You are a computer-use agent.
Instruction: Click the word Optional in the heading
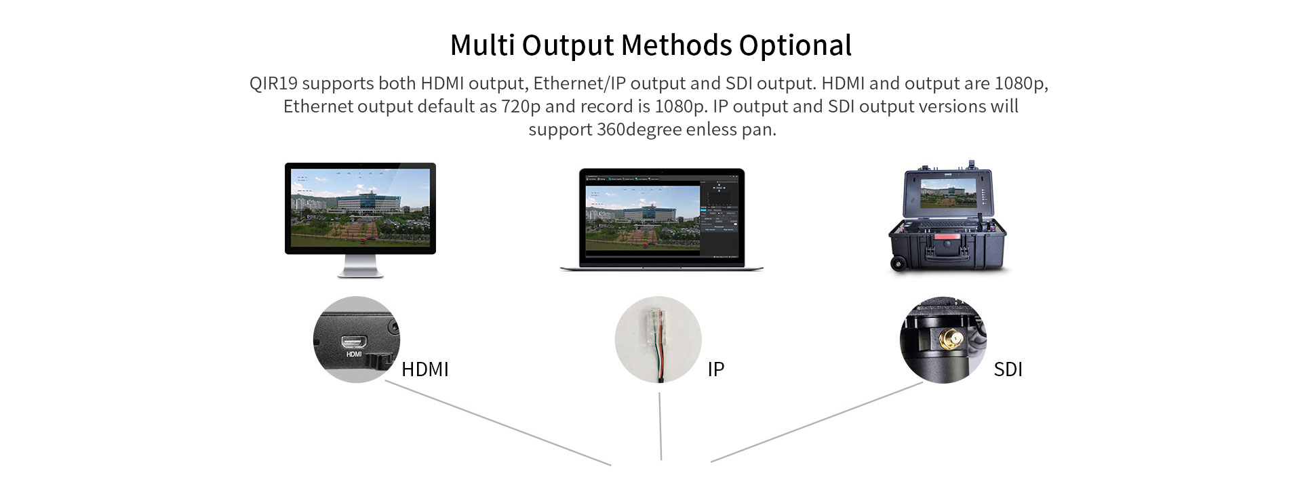tap(795, 46)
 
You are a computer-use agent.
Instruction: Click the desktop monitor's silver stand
tap(360, 266)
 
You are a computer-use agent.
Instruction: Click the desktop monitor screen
tap(360, 207)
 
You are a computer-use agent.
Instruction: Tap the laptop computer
tap(662, 220)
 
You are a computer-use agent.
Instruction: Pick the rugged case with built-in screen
tap(947, 217)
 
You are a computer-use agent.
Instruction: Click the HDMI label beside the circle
tap(425, 369)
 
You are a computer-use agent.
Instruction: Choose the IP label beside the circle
tap(716, 369)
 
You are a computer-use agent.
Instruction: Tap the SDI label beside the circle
tap(1008, 369)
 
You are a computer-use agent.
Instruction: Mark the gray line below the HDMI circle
tap(498, 423)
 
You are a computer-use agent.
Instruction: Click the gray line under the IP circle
tap(660, 426)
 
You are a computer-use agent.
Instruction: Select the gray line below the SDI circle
tap(816, 422)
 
